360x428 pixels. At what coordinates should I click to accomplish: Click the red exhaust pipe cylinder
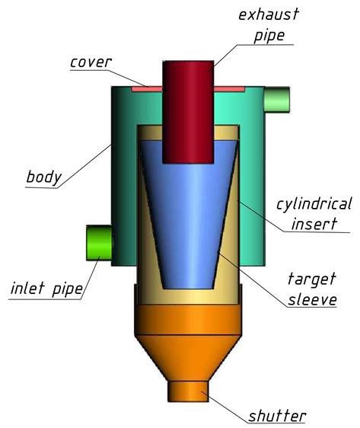coord(188,112)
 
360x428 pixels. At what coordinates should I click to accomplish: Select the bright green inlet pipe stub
coord(99,243)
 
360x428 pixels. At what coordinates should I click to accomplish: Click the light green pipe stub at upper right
coord(277,99)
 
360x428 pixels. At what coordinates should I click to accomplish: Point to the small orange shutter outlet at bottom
coord(188,391)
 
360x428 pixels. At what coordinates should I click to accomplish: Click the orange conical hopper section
coord(188,358)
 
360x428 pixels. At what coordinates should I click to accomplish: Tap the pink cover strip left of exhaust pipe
coord(147,89)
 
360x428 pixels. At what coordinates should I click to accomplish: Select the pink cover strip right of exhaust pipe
coord(229,89)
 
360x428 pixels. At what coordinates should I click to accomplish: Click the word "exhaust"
coord(269,14)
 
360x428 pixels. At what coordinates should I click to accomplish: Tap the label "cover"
coord(91,62)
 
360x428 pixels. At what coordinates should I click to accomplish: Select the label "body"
coord(44,177)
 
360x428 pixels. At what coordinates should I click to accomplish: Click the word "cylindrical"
coord(314,204)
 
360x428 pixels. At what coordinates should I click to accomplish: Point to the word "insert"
coord(314,224)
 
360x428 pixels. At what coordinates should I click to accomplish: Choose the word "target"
coord(312,279)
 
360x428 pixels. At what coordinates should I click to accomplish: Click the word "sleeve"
coord(312,299)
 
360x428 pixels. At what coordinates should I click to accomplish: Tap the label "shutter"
coord(277,416)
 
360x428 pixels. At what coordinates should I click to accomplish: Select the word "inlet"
coord(27,288)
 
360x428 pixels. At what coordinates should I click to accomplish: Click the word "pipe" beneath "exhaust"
coord(269,36)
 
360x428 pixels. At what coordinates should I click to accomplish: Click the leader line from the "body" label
coord(84,166)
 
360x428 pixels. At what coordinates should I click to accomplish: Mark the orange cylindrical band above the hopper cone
coord(188,320)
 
